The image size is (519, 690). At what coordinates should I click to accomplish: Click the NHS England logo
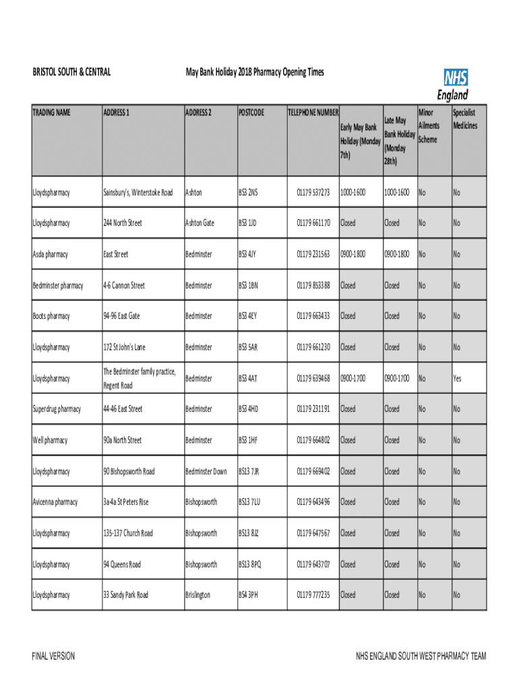(453, 85)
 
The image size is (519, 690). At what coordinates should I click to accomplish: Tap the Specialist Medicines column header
(465, 119)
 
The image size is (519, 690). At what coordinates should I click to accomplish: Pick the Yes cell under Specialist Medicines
(457, 379)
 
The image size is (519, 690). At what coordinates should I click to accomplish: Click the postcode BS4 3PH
(248, 595)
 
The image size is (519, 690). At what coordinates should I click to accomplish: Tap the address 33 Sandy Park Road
(125, 595)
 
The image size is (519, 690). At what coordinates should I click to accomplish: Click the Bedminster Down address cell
(206, 472)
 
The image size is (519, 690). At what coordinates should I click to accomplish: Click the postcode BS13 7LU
(249, 502)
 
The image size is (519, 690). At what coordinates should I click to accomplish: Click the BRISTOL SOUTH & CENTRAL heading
(72, 73)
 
